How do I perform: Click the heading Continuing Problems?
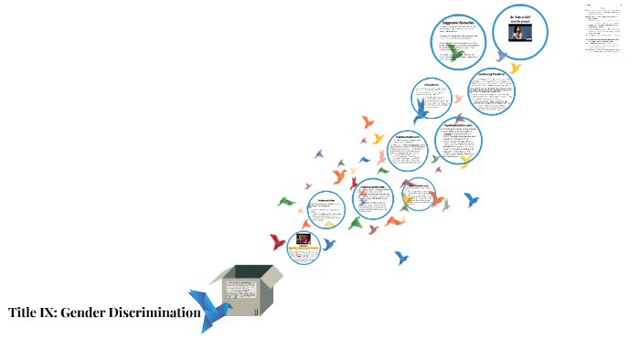(x=492, y=75)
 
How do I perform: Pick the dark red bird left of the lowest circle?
(x=277, y=242)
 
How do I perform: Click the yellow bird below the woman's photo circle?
(x=516, y=68)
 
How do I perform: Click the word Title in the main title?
(x=23, y=313)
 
